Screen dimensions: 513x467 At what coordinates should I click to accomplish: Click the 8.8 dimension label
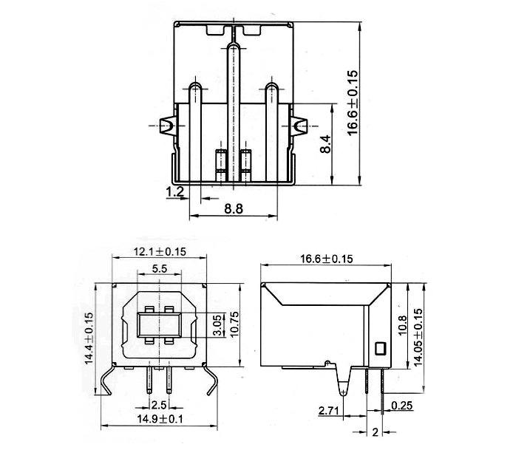pos(234,208)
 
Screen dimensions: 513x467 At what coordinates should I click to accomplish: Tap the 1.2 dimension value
pos(175,192)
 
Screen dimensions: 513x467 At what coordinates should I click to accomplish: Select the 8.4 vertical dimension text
pos(325,144)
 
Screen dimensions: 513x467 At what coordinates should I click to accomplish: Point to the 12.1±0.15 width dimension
pos(160,252)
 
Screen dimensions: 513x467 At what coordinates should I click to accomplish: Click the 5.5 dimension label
pos(160,269)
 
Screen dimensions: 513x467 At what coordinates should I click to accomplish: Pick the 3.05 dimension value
pos(217,325)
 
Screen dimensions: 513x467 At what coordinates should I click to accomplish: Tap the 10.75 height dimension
pos(234,324)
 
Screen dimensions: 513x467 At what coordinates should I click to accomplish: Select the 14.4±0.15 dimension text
pos(89,338)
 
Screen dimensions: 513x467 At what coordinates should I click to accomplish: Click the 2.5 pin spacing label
pos(159,405)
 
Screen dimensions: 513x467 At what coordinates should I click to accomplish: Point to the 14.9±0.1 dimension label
pos(160,419)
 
